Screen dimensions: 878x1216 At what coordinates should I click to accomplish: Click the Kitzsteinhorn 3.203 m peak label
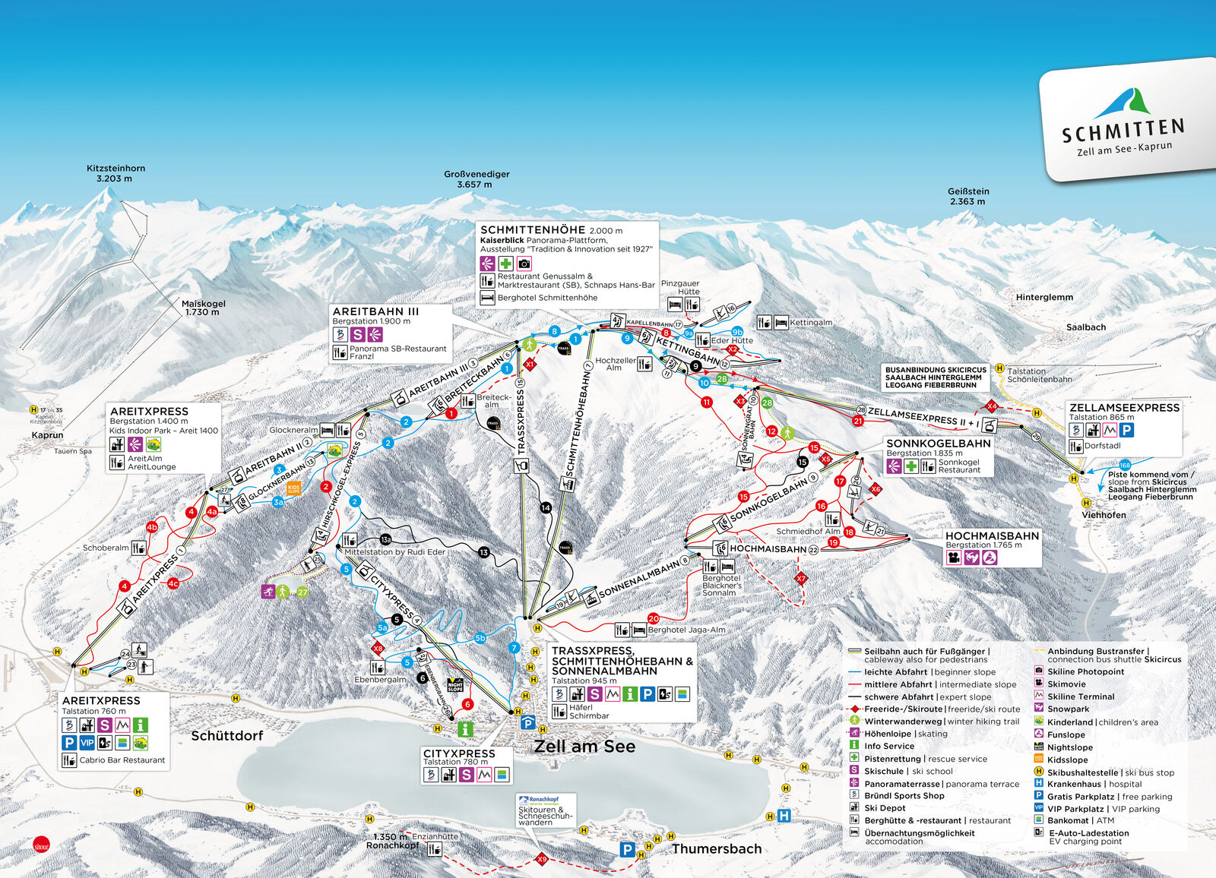point(116,173)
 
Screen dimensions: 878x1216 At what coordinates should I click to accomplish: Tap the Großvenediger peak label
point(477,179)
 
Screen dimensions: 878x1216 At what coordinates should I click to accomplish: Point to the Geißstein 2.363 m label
point(968,196)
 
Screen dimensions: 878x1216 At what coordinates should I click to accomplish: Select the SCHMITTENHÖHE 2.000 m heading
point(551,229)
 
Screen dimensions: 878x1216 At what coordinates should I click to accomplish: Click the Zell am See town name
point(584,746)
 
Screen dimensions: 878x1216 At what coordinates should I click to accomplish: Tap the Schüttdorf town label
point(226,735)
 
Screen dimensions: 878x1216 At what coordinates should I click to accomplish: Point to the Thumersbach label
point(716,848)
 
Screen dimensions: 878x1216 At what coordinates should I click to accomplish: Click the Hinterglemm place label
point(1044,297)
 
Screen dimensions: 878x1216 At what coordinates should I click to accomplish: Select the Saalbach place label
point(1085,327)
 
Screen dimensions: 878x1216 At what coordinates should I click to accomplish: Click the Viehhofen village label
point(1104,515)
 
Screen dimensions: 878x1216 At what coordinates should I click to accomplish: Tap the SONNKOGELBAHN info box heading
point(938,443)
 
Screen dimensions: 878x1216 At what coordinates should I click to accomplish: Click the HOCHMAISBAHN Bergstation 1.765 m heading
point(991,535)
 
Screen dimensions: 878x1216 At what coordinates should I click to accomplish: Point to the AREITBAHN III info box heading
point(375,311)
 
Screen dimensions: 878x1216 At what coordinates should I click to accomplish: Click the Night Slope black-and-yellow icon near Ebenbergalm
point(455,684)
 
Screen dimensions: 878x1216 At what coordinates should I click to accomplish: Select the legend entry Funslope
point(1066,734)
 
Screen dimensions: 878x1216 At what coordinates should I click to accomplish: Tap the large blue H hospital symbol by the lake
point(784,816)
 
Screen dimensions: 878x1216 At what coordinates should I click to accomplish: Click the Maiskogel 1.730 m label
point(203,308)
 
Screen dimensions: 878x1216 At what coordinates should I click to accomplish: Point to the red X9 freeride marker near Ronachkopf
point(541,859)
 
